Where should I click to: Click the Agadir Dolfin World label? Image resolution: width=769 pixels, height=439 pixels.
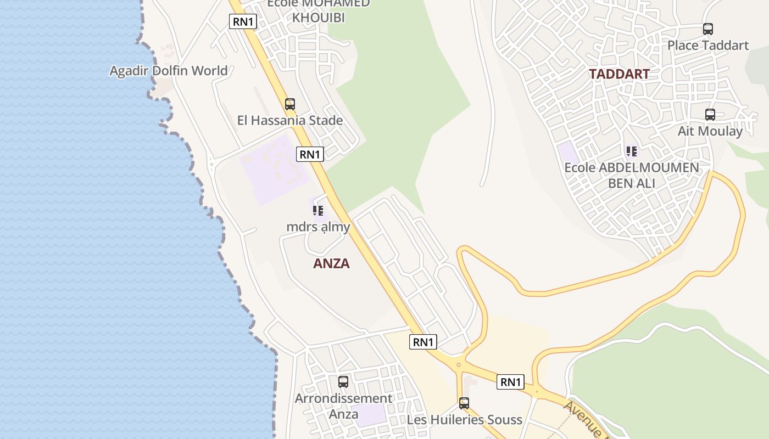pyautogui.click(x=168, y=71)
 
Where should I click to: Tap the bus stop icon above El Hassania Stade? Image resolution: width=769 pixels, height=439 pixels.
pyautogui.click(x=290, y=104)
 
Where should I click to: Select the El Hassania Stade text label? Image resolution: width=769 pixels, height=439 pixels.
pyautogui.click(x=290, y=120)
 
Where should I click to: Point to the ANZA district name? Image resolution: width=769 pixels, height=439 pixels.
pyautogui.click(x=331, y=263)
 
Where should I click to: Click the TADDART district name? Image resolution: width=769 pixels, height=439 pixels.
pyautogui.click(x=619, y=74)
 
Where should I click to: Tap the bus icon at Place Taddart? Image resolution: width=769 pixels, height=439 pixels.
pyautogui.click(x=708, y=29)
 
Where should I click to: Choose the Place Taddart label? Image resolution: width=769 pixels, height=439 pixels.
pyautogui.click(x=708, y=45)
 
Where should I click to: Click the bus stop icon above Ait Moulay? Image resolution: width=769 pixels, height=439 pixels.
pyautogui.click(x=710, y=115)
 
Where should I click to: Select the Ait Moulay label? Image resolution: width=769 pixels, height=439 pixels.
pyautogui.click(x=710, y=131)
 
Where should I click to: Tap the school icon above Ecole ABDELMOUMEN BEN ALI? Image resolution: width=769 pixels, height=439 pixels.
pyautogui.click(x=632, y=151)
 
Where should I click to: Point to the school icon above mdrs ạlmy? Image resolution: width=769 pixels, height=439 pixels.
pyautogui.click(x=318, y=210)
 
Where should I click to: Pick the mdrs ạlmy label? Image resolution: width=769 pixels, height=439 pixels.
pyautogui.click(x=318, y=227)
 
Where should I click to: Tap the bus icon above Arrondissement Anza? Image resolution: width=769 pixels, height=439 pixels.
pyautogui.click(x=343, y=381)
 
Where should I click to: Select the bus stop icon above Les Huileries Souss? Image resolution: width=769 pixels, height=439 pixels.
pyautogui.click(x=464, y=403)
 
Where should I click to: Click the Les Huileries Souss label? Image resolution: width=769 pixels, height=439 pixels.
pyautogui.click(x=464, y=420)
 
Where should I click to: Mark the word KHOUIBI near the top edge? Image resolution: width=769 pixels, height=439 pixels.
pyautogui.click(x=319, y=18)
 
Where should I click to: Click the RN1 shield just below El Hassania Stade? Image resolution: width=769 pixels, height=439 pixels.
pyautogui.click(x=310, y=154)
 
